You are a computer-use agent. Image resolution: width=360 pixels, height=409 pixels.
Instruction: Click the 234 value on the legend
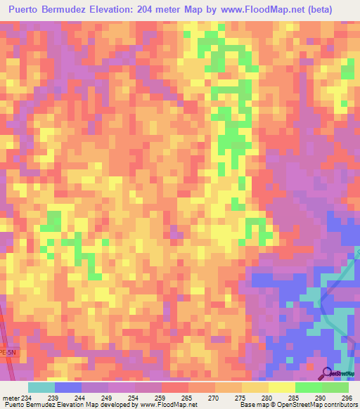[x=27, y=398]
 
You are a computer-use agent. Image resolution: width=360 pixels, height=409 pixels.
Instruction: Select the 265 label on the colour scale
[x=188, y=398]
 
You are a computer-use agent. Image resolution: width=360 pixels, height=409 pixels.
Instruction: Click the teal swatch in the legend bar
[x=41, y=387]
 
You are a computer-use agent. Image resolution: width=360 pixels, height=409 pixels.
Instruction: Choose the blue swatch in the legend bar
[x=67, y=387]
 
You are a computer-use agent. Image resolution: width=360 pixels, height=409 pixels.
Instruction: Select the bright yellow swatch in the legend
[x=281, y=387]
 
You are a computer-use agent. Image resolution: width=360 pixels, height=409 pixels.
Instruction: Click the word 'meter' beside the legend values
[x=10, y=398]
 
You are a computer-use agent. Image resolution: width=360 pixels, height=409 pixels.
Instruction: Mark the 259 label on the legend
[x=161, y=398]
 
